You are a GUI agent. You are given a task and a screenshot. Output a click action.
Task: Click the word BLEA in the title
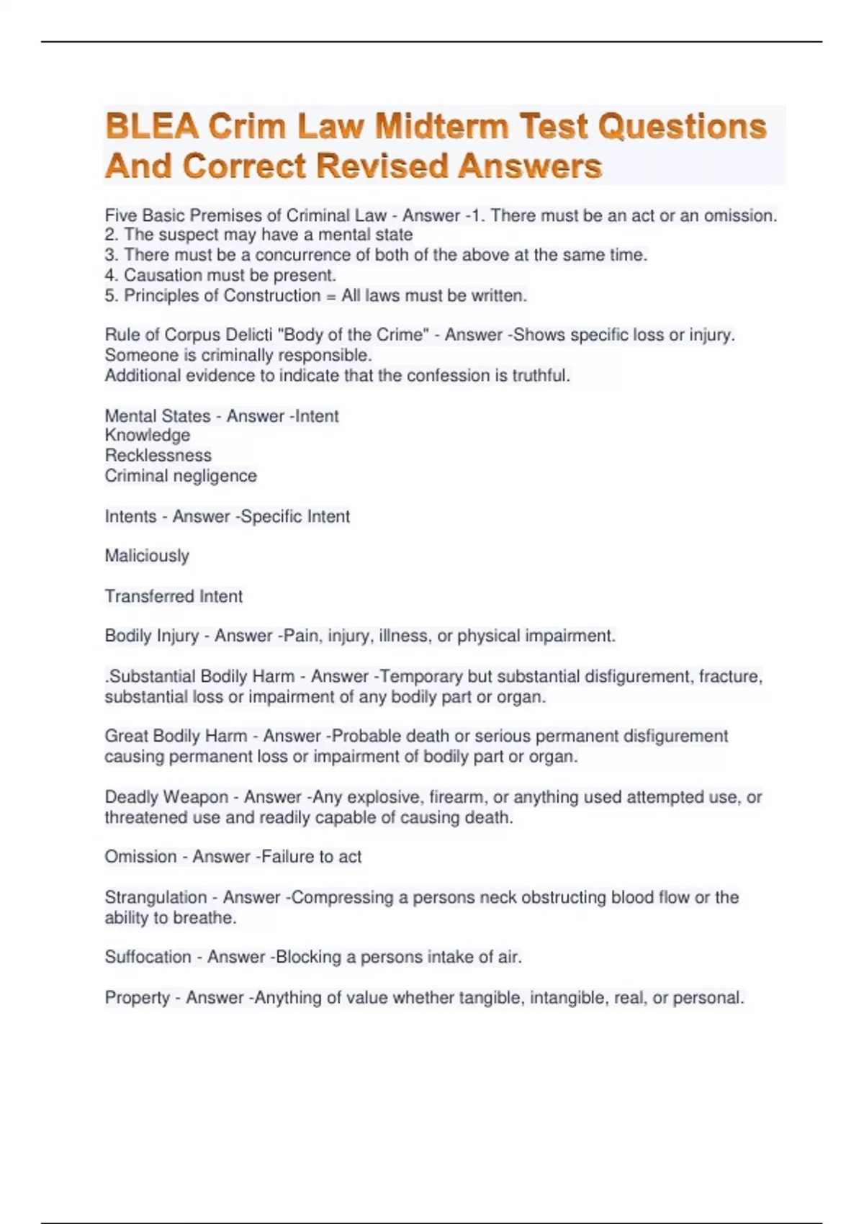[x=151, y=127]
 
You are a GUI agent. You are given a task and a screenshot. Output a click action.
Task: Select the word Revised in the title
[x=382, y=166]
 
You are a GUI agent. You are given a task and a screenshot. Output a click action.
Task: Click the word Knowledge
[x=148, y=435]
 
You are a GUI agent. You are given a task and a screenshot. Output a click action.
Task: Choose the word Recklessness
[x=158, y=455]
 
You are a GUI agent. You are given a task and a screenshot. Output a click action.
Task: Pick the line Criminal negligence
[x=181, y=475]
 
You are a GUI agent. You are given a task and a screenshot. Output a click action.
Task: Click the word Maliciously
[x=147, y=556]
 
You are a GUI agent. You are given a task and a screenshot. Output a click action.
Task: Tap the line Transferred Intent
[x=174, y=596]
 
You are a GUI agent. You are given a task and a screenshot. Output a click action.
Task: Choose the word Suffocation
[x=148, y=957]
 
